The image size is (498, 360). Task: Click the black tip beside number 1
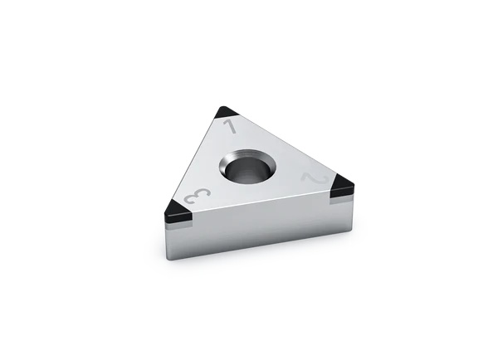(226, 112)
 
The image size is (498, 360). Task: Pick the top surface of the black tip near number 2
(341, 185)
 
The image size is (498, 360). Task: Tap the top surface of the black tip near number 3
(177, 206)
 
